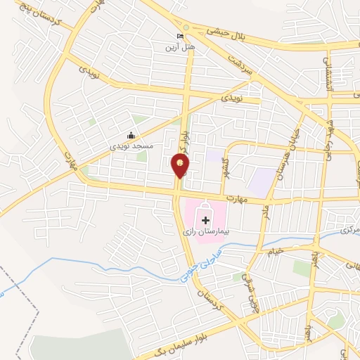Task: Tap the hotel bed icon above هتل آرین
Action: pos(181,37)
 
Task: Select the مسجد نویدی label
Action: pos(130,146)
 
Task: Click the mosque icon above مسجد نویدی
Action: pos(130,136)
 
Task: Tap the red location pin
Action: pos(180,166)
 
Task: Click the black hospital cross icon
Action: pos(205,221)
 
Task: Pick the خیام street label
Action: pos(275,250)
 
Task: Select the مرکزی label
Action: pos(349,230)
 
